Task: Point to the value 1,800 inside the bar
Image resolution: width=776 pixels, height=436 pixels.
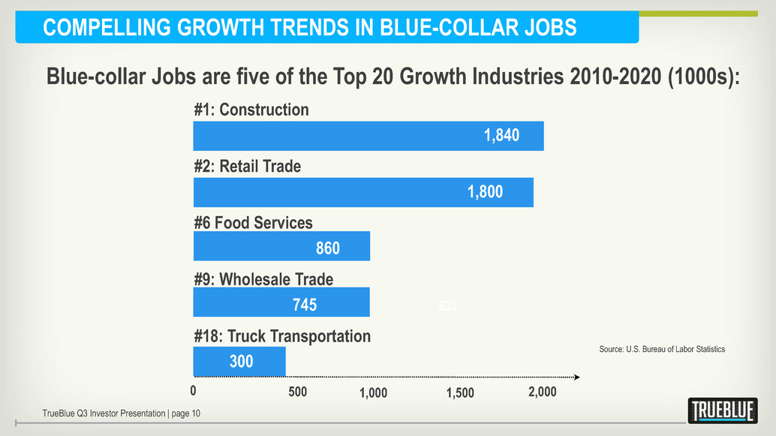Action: click(x=485, y=192)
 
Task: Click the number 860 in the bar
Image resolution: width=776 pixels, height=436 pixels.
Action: click(x=327, y=248)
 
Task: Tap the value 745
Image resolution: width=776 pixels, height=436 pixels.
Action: click(x=304, y=305)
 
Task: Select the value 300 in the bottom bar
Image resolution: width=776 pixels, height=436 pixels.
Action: click(x=241, y=362)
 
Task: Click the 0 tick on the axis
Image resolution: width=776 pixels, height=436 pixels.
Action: click(x=193, y=391)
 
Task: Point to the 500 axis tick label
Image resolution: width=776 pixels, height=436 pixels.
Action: click(x=297, y=392)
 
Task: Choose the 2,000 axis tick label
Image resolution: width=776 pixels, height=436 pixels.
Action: click(x=543, y=392)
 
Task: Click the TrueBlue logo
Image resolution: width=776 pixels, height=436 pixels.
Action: click(x=722, y=410)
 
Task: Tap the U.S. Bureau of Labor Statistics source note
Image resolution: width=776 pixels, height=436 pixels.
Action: click(x=662, y=349)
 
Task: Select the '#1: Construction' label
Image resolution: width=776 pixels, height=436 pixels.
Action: click(x=251, y=110)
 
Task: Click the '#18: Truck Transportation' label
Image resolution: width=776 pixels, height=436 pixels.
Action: click(x=281, y=335)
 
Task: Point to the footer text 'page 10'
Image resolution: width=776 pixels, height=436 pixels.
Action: click(x=185, y=413)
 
